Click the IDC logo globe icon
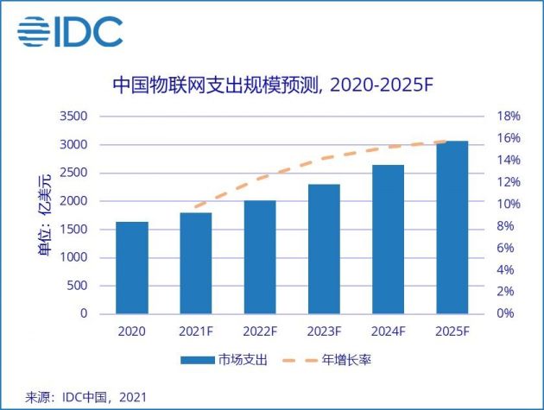(x=34, y=30)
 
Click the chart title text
(x=272, y=85)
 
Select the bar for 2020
(x=131, y=268)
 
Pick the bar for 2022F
(x=260, y=257)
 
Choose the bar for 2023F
(x=324, y=249)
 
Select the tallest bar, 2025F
(x=452, y=227)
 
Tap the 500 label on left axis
(x=76, y=286)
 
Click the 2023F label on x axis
(x=324, y=331)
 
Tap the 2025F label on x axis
(x=452, y=331)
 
